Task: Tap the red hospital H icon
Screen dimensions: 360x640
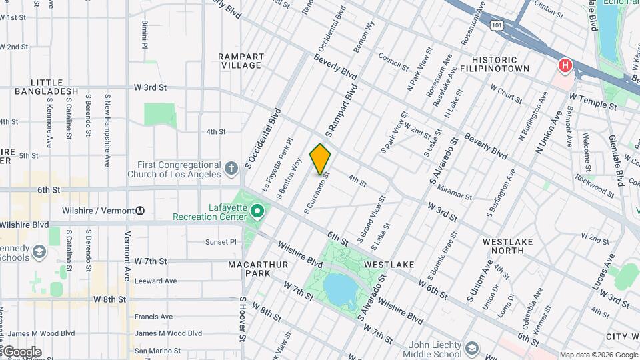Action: [565, 65]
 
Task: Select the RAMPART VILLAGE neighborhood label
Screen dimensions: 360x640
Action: [241, 61]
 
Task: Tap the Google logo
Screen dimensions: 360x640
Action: [21, 351]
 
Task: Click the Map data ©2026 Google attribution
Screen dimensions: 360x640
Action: [598, 355]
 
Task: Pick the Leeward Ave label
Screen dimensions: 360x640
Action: [155, 281]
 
